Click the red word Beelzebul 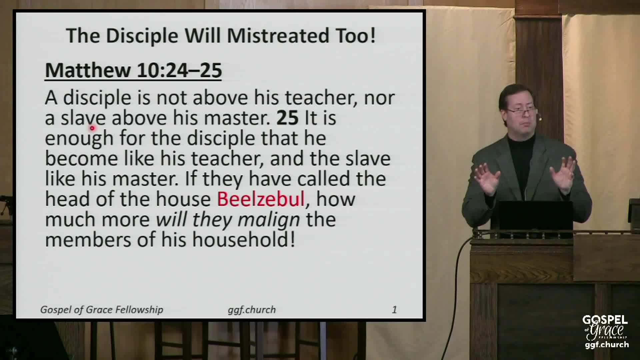(261, 199)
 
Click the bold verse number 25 (287, 118)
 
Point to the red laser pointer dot (92, 127)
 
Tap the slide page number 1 (394, 310)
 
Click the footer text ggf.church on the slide (252, 310)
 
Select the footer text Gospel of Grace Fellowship (102, 310)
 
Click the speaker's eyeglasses (522, 111)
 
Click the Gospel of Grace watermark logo (605, 332)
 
